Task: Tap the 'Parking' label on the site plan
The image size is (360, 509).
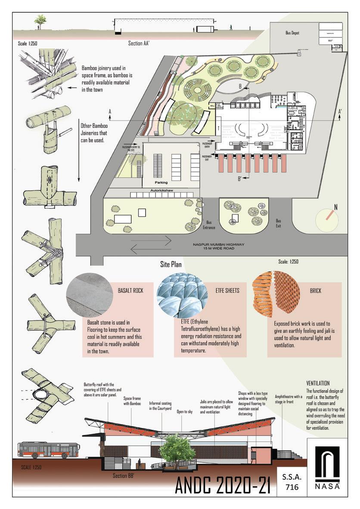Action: coord(161,183)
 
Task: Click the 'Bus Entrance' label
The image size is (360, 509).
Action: coord(209,225)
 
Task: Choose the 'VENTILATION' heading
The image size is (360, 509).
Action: coord(318,383)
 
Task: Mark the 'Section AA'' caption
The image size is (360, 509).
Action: coord(142,43)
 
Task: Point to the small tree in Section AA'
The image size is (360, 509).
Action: coord(40,20)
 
